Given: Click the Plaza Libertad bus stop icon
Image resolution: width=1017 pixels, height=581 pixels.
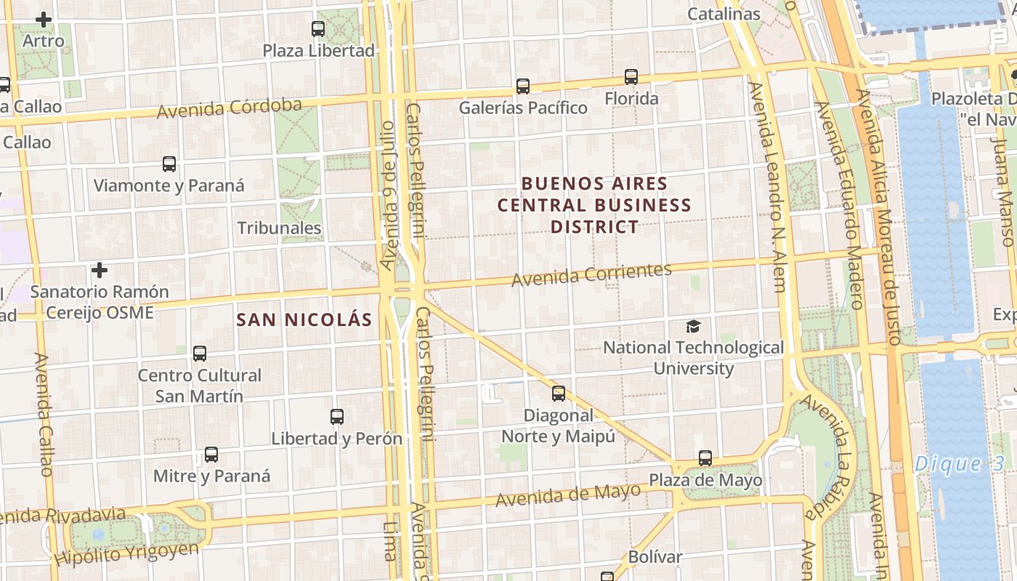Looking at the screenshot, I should point(318,29).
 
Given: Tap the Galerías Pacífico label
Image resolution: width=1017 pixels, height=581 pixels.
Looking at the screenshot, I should point(523,107).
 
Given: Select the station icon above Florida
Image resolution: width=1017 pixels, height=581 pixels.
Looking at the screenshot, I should point(631,77).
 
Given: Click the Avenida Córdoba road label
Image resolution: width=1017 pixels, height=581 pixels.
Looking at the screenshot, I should point(229,108).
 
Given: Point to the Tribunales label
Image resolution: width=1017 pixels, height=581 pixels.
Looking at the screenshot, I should point(280,228).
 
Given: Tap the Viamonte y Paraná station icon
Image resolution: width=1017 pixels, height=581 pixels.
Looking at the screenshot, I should point(169,164).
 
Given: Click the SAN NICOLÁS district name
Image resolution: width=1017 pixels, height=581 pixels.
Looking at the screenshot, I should point(304,320).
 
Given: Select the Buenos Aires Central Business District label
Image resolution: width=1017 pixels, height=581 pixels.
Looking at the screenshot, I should point(594,205).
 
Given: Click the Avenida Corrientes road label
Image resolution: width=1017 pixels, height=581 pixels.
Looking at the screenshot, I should point(591,275).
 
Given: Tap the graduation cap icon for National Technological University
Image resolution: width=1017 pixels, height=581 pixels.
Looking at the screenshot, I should point(694,327).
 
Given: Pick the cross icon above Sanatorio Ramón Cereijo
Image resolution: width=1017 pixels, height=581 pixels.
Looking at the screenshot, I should point(100,271).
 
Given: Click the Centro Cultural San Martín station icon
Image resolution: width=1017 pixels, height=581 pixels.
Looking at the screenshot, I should point(200,354).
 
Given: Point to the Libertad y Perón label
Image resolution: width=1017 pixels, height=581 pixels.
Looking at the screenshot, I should point(336,439).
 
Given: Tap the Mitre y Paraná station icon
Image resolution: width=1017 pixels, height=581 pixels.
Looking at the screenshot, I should point(211,455).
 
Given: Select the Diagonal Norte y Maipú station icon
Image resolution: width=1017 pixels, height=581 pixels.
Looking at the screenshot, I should point(559,394).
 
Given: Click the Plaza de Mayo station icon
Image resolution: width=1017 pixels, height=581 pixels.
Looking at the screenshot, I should point(705,458).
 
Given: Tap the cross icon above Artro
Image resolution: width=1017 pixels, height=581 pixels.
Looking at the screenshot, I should point(44,20).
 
